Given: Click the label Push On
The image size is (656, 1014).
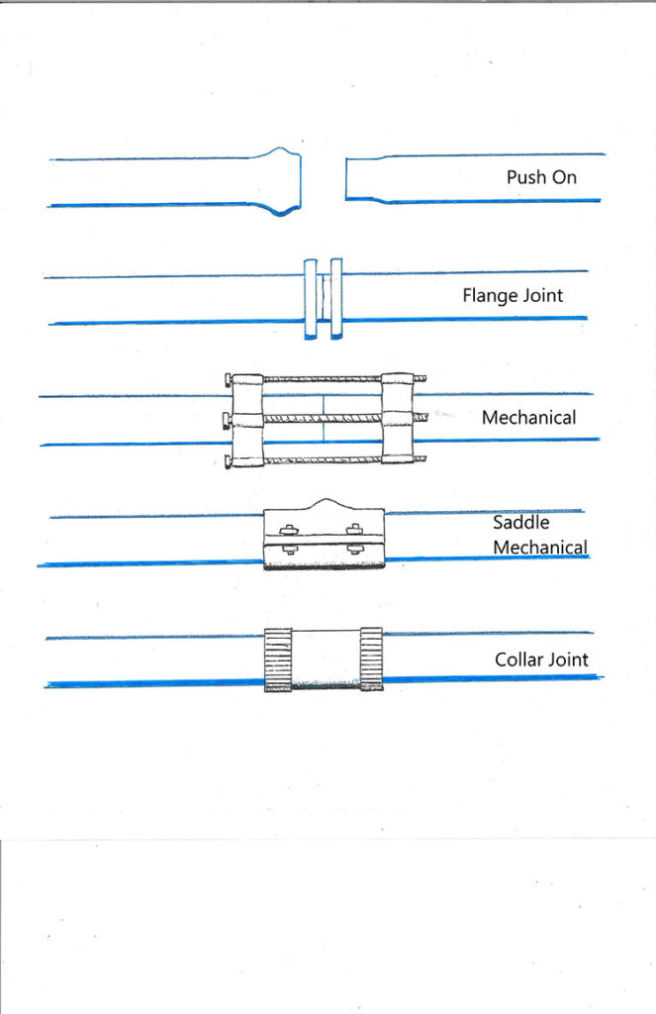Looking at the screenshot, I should [541, 178].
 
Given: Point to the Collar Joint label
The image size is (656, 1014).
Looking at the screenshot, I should [541, 659].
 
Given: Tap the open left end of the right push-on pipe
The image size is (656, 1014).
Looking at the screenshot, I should [348, 179].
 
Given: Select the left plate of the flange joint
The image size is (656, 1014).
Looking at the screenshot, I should [311, 298].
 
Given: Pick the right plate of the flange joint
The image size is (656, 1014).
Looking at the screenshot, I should [336, 298].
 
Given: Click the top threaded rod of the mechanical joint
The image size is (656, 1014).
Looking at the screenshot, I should [323, 379].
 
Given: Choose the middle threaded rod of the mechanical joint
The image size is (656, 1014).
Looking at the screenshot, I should [323, 418].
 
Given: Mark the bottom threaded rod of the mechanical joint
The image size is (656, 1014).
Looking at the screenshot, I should [323, 457].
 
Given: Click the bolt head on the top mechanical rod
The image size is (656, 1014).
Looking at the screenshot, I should [229, 379].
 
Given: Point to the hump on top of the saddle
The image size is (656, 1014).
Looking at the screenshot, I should [325, 504].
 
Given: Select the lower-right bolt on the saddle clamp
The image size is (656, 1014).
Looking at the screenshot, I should [354, 549].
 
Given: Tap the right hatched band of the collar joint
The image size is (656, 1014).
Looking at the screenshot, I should [371, 658].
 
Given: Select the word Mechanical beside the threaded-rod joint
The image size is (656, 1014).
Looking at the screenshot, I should [528, 418].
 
